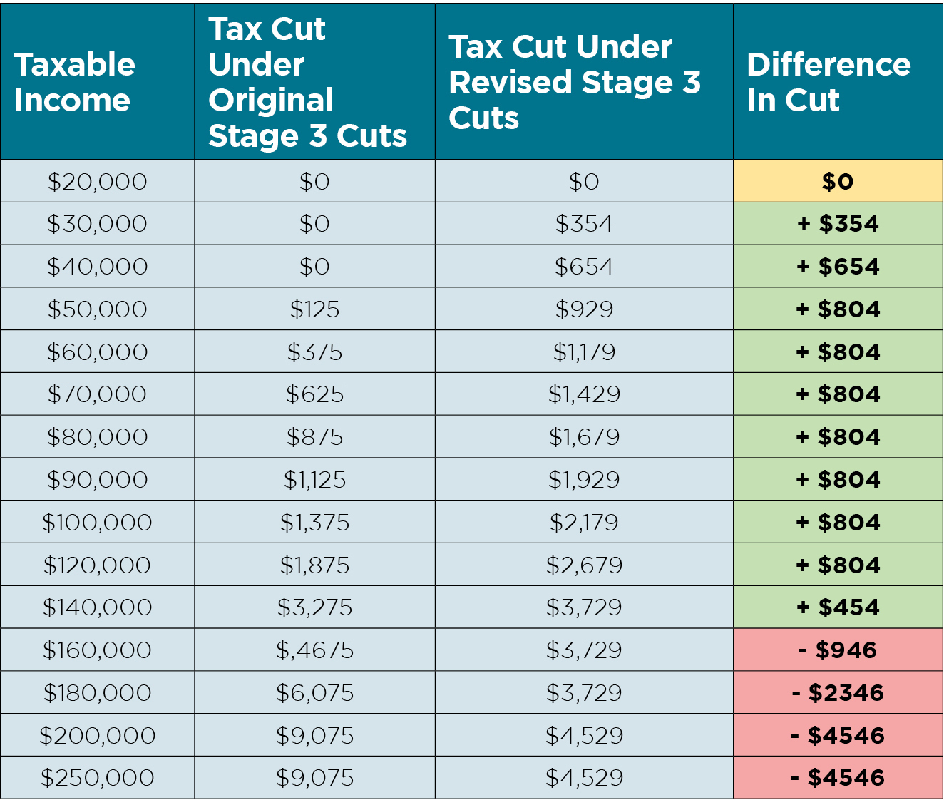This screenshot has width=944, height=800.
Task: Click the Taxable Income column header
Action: coord(75,83)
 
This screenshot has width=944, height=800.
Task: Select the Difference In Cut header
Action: coord(828,83)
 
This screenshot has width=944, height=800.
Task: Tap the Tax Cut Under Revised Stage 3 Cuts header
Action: coord(575,83)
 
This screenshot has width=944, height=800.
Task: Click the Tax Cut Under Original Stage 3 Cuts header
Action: coord(307,83)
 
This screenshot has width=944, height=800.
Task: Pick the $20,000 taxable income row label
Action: coord(97,182)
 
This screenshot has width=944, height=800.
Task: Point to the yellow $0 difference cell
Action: coord(838,182)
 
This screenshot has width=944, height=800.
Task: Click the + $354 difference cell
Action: coord(838,224)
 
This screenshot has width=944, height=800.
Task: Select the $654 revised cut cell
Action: coord(584,267)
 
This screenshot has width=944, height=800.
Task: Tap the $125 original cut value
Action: coord(314,309)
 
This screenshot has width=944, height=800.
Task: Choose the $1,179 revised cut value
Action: coord(584,352)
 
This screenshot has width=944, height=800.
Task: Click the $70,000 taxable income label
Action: coord(97,394)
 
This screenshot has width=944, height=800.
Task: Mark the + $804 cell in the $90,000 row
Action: coord(838,480)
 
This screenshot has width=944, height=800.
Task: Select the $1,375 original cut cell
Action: coord(314,523)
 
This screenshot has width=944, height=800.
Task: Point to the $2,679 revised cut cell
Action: coord(584,565)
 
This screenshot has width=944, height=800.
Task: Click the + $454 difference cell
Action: coord(838,607)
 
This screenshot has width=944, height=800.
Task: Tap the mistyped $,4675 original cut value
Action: coord(314,650)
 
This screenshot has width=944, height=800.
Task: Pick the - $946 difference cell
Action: coord(838,650)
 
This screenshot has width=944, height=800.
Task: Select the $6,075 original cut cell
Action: coord(314,693)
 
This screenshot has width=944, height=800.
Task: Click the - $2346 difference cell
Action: coord(838,693)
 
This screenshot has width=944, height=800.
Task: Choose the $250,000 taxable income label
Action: coord(97,778)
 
